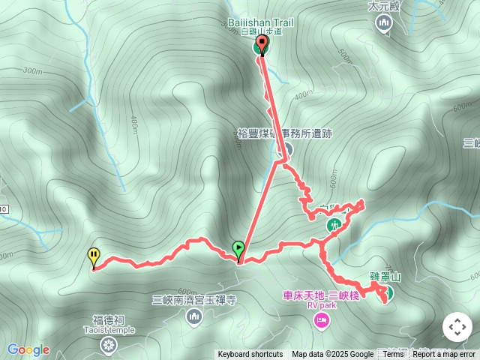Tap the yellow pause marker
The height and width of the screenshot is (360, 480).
(94, 257)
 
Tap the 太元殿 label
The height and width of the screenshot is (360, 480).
(384, 6)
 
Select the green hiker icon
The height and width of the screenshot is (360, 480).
(333, 224)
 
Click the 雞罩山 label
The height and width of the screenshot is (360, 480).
(385, 277)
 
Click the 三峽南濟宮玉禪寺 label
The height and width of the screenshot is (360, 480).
(194, 300)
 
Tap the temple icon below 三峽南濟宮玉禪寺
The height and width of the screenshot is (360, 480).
(194, 318)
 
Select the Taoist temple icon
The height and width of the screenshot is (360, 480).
(109, 345)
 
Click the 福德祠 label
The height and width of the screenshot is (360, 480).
(109, 319)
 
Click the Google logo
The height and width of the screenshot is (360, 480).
(28, 349)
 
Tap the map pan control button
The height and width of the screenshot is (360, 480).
(457, 327)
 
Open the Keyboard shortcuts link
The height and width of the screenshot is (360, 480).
(250, 355)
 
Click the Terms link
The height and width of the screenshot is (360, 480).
(393, 355)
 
